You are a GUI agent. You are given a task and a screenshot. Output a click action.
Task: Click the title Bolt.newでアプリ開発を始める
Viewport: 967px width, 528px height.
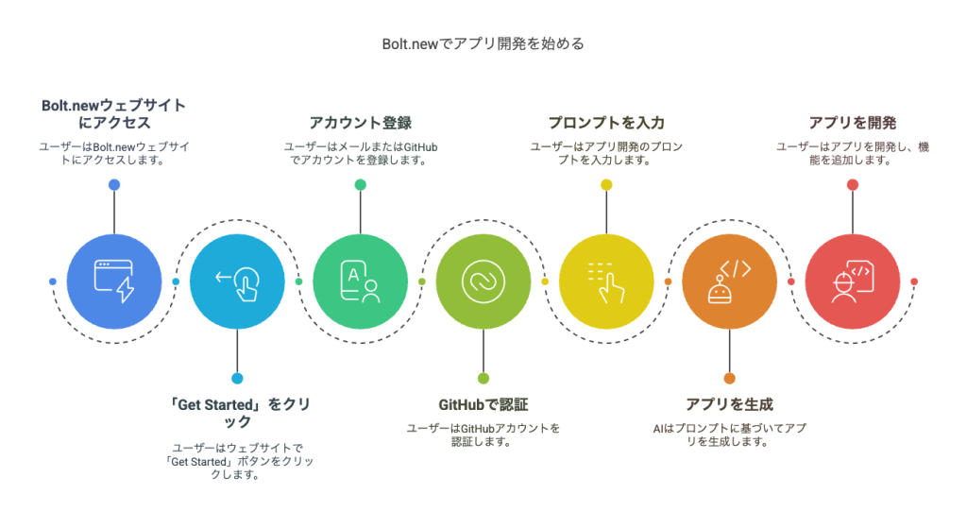[483, 43]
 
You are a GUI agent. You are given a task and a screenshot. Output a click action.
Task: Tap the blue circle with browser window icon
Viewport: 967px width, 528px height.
[113, 281]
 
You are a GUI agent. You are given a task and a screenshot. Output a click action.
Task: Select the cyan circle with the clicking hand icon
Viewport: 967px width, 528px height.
[237, 281]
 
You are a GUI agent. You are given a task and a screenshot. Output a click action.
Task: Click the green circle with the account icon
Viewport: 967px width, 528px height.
[360, 281]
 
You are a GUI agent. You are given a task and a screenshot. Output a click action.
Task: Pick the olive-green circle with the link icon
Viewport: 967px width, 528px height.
[483, 281]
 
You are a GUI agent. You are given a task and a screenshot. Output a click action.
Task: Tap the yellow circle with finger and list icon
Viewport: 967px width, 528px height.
[606, 281]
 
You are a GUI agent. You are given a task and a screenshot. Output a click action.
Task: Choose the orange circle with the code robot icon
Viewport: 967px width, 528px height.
[729, 281]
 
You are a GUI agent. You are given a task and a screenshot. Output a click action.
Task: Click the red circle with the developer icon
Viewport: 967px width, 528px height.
[852, 281]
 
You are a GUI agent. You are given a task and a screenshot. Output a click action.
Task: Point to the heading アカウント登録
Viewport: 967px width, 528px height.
[360, 123]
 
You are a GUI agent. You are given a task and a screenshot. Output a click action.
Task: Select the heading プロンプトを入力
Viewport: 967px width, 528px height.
[606, 123]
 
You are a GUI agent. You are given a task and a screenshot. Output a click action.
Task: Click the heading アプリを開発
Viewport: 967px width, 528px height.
[852, 123]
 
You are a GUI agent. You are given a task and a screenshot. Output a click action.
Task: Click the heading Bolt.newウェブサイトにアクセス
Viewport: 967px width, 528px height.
[113, 113]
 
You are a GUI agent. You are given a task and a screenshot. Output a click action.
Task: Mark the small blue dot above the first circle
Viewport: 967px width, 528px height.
[113, 185]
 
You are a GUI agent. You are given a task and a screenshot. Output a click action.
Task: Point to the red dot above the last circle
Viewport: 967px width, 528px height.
[852, 185]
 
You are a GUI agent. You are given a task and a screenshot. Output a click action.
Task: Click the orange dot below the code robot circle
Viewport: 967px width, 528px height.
[729, 378]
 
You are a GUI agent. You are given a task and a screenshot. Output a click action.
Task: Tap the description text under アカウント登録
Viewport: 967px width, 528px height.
[360, 153]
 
